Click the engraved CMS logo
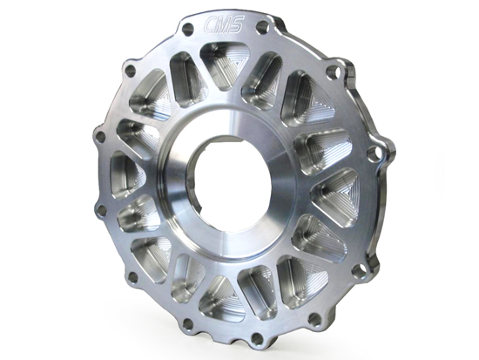coord(224,24)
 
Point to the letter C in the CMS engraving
coord(211,24)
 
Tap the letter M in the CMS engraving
coord(225,24)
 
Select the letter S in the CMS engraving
coord(237,24)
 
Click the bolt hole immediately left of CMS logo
coord(187,29)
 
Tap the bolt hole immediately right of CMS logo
coord(263,27)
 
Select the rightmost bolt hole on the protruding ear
coord(374,153)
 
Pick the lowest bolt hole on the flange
coord(257,338)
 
